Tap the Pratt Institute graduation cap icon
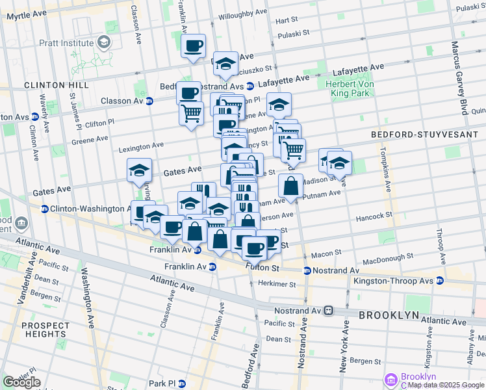click(103, 42)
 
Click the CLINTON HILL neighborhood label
click(56, 85)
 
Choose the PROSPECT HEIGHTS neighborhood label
click(44, 330)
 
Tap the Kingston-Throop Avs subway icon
click(440, 281)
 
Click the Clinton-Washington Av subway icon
click(45, 209)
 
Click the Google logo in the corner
click(21, 382)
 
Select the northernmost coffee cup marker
click(194, 46)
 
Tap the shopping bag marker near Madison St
click(290, 185)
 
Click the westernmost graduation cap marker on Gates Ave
click(139, 170)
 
